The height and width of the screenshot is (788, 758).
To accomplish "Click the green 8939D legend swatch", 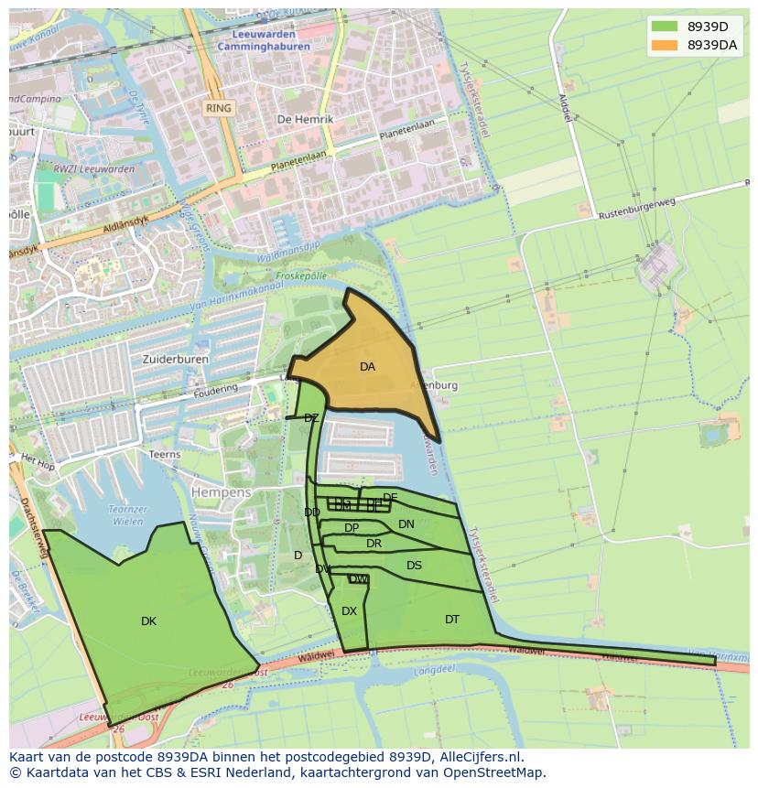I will click(665, 27).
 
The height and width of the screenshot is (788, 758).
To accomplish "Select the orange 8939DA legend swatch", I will click(665, 45).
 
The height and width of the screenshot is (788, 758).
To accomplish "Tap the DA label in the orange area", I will click(367, 367).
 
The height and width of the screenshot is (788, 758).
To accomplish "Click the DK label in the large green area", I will click(148, 621).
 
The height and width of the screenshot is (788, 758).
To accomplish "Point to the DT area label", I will click(452, 620).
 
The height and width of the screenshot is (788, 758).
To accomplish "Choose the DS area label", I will click(414, 566).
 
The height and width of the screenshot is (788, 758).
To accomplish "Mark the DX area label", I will click(349, 611).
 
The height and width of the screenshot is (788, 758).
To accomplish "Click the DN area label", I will click(406, 524).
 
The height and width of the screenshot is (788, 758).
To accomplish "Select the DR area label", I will click(374, 544).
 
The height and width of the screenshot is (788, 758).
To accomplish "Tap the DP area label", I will click(352, 528).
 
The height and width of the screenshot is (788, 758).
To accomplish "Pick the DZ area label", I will click(311, 418).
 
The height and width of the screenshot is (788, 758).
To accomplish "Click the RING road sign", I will click(219, 108).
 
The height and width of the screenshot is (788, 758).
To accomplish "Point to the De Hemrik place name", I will click(305, 120).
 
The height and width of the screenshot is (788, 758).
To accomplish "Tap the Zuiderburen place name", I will click(175, 360).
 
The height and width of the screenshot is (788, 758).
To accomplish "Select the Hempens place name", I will click(221, 492).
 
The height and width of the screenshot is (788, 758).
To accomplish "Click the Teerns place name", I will click(165, 454).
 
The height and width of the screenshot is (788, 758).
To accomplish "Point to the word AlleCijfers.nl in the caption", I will click(482, 757).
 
